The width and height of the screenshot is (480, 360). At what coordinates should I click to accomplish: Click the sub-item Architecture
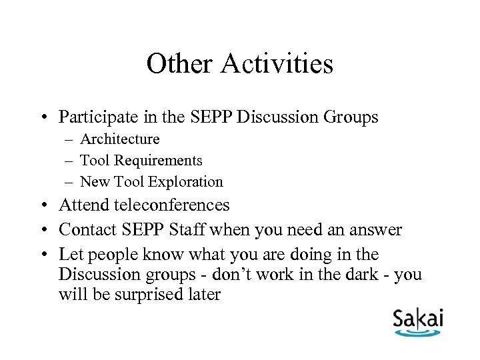coord(120,139)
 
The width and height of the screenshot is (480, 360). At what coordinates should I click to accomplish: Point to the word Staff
coord(190,230)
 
